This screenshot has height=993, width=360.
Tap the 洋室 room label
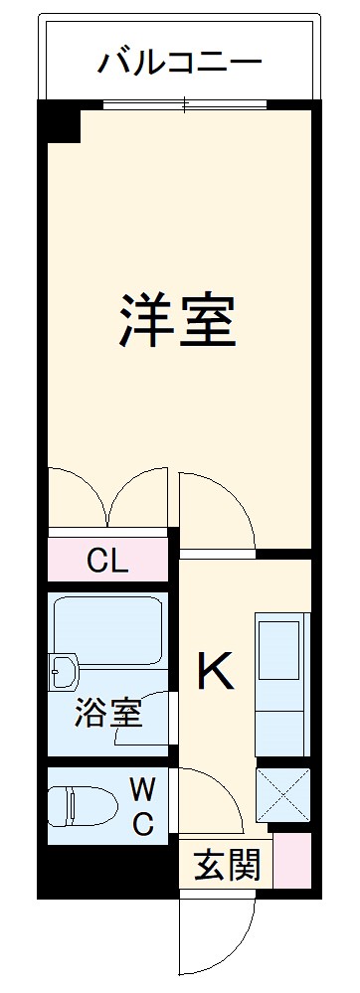pos(179,320)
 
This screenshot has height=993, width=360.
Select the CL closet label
pos(107,562)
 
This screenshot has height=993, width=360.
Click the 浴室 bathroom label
pos(107,712)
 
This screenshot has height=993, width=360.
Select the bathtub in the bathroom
pos(107,631)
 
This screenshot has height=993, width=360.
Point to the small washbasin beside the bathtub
pos(62,672)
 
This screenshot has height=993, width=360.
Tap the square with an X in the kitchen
pos(282,795)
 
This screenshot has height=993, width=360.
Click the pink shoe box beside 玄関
pos(293,860)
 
